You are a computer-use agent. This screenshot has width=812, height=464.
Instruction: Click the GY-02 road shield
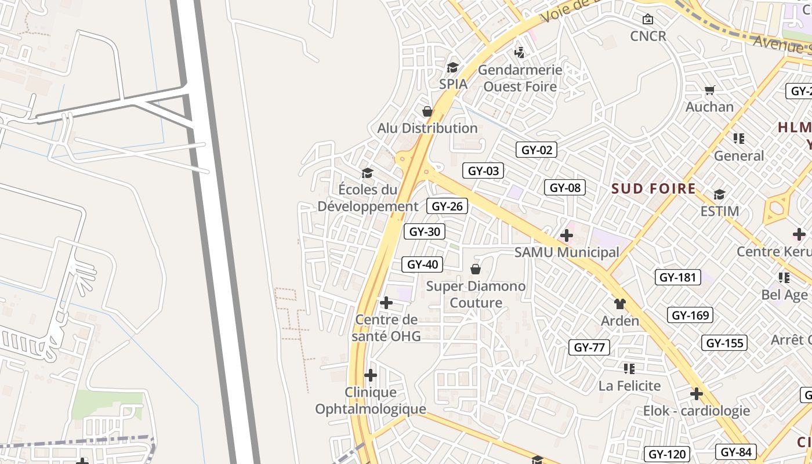(x=536, y=150)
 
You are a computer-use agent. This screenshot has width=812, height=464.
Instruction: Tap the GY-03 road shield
(x=483, y=171)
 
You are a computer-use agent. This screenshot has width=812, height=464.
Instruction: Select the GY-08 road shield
(x=565, y=187)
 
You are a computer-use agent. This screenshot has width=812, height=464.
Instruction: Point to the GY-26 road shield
(x=447, y=206)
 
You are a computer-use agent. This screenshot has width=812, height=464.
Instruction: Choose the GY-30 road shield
(x=425, y=231)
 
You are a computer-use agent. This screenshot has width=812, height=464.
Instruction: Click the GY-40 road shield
(x=422, y=264)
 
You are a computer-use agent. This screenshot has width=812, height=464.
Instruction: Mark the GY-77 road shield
(x=589, y=347)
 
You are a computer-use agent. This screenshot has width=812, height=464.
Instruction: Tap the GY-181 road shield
(x=677, y=277)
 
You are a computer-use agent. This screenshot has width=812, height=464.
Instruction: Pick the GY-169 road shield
(x=690, y=316)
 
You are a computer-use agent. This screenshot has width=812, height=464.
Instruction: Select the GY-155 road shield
(x=724, y=343)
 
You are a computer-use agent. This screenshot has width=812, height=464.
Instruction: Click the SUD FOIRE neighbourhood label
(x=654, y=188)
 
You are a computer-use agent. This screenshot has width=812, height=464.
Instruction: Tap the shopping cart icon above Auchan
(x=709, y=90)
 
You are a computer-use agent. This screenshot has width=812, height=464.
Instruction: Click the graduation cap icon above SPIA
(x=453, y=68)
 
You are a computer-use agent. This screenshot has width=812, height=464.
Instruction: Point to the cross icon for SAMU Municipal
(x=567, y=235)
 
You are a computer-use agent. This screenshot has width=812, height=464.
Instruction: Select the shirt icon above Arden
(x=620, y=304)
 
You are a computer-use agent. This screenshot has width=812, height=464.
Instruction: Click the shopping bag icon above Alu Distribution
(x=427, y=111)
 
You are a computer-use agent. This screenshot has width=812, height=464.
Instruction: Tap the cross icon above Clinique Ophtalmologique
(x=371, y=375)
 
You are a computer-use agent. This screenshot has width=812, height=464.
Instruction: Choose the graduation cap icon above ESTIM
(x=719, y=194)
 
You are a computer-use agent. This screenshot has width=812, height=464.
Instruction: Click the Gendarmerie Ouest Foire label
(x=520, y=78)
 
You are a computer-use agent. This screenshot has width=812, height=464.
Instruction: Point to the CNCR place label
(x=648, y=36)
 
